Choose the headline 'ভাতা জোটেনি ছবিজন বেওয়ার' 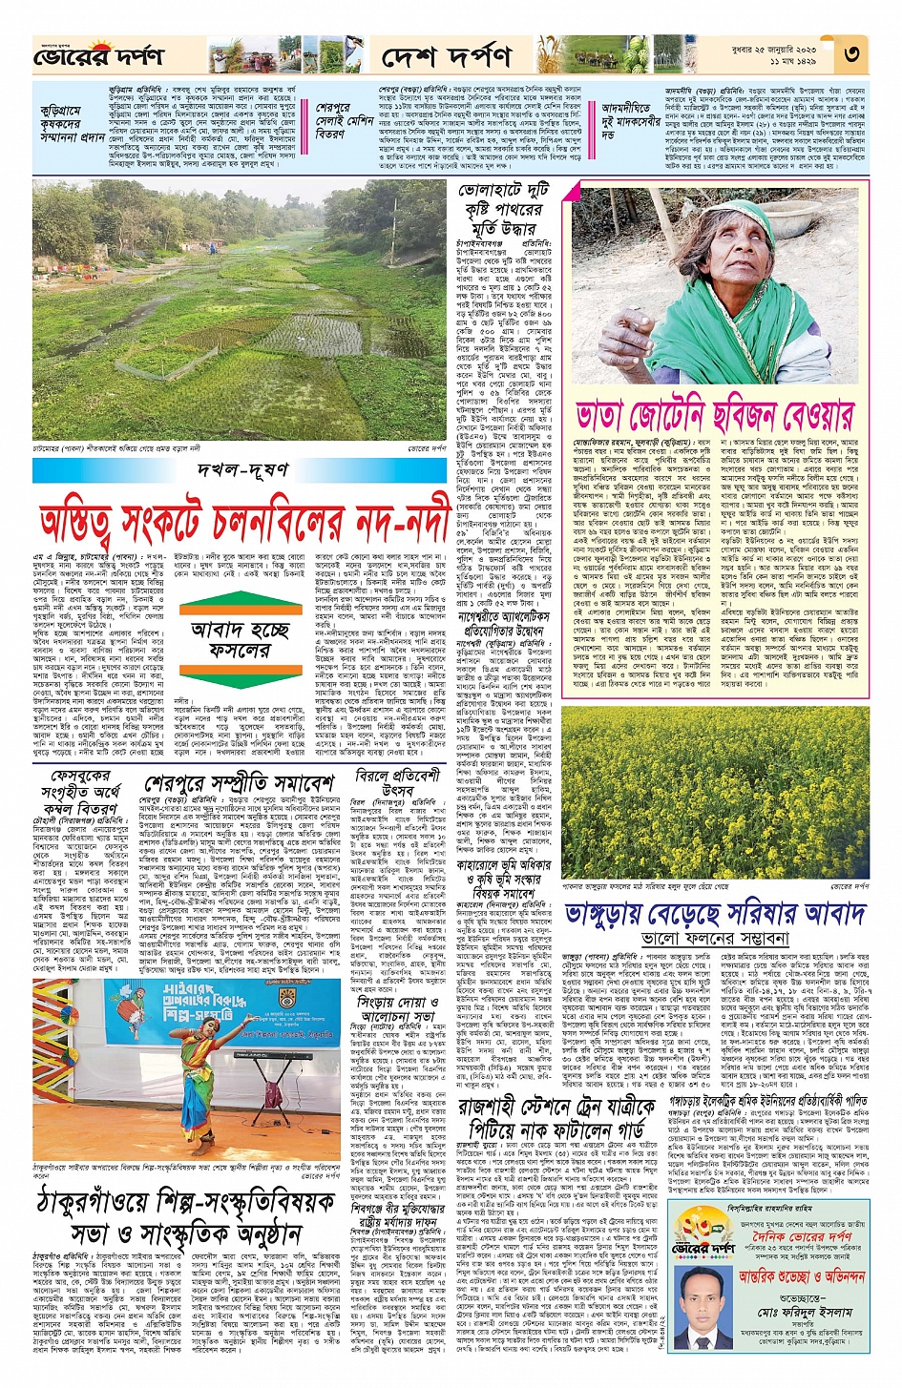coord(714,416)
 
